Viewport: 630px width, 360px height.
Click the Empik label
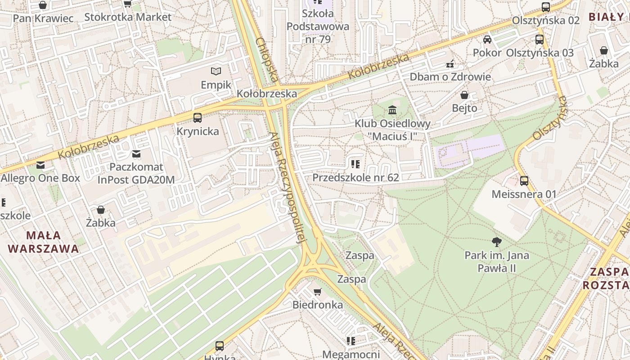pos(216,85)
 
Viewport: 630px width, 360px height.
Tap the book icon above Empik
pos(216,71)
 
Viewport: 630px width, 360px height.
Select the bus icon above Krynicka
pos(197,118)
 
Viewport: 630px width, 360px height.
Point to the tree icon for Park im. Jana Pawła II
pos(497,242)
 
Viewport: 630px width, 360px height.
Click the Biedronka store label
pos(318,305)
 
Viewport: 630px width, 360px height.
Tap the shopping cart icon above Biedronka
pos(318,292)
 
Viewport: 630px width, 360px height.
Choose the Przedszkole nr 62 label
pos(355,177)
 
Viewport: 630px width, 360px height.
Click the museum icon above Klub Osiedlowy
pos(392,110)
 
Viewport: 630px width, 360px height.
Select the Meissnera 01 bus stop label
pos(524,194)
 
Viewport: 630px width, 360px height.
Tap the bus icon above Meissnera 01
pos(524,181)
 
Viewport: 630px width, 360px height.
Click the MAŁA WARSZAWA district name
pos(43,242)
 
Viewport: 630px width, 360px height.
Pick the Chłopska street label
pos(266,60)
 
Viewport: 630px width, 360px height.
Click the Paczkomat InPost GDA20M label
pos(136,173)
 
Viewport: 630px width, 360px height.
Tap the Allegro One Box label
pos(40,178)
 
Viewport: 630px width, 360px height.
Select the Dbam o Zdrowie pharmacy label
pos(450,76)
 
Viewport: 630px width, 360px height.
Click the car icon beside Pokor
pos(487,40)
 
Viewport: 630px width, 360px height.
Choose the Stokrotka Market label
pos(128,17)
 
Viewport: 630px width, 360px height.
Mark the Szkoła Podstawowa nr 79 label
pos(318,26)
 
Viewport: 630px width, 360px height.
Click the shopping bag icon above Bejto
pos(464,95)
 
